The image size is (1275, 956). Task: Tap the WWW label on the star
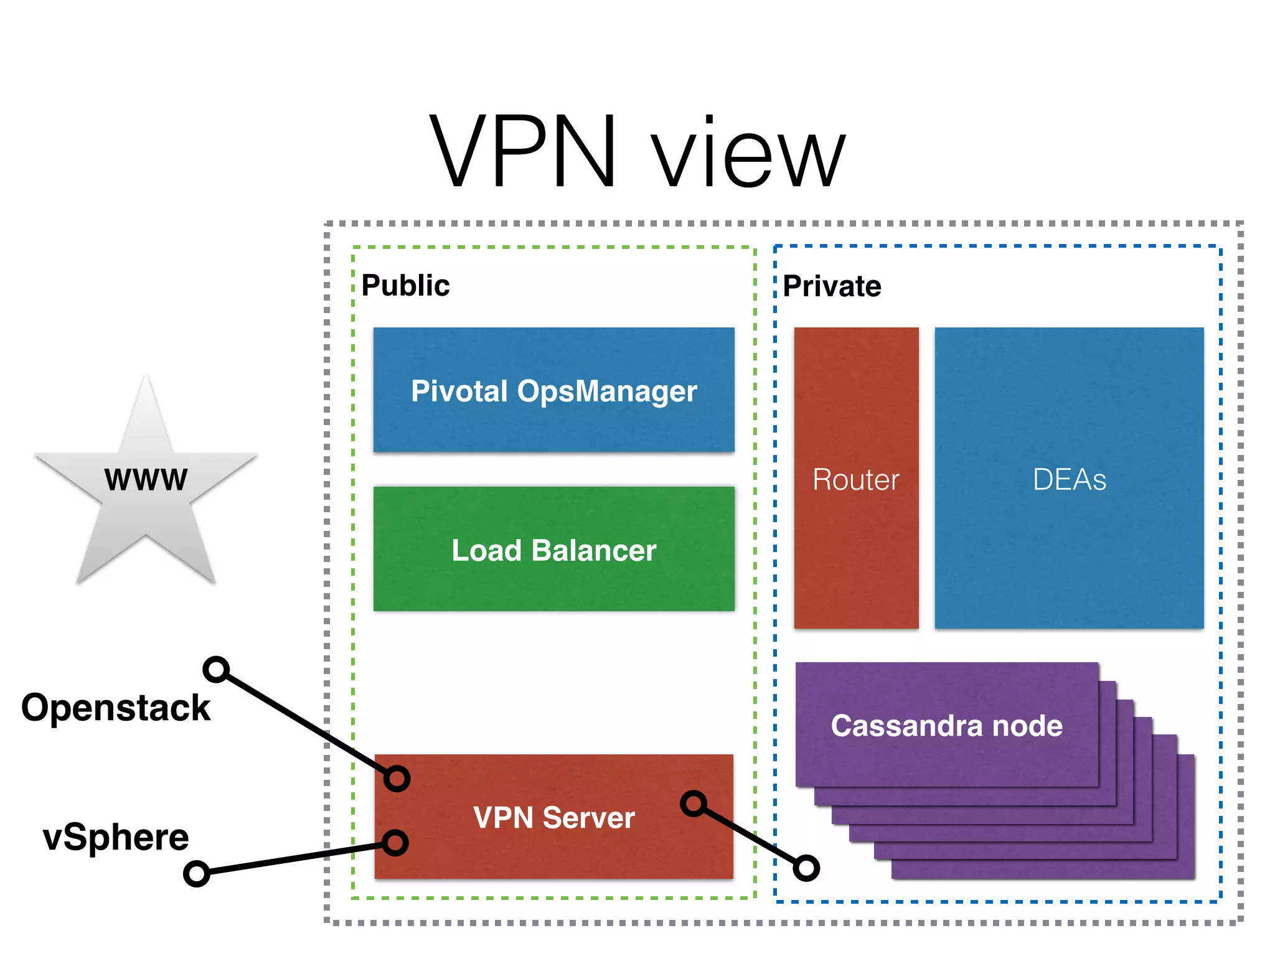(x=146, y=480)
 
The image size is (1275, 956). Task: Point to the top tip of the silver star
(x=146, y=378)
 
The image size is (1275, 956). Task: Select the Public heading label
(x=405, y=286)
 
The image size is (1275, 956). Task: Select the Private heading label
(x=832, y=286)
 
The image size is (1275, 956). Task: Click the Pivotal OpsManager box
(x=553, y=390)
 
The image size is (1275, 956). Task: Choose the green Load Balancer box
(x=553, y=549)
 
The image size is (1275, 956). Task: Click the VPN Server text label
(x=553, y=817)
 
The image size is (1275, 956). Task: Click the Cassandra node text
(x=946, y=726)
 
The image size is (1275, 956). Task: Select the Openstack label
(x=116, y=708)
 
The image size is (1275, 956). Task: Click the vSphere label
(x=116, y=837)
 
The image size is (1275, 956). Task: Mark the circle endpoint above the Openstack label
(x=216, y=670)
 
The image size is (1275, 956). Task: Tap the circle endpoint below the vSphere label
(x=196, y=874)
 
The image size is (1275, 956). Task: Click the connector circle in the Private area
(x=806, y=868)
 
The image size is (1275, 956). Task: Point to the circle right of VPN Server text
(x=694, y=804)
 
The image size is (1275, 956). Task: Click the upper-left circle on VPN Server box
(x=397, y=779)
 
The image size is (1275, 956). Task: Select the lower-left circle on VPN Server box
(x=395, y=843)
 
